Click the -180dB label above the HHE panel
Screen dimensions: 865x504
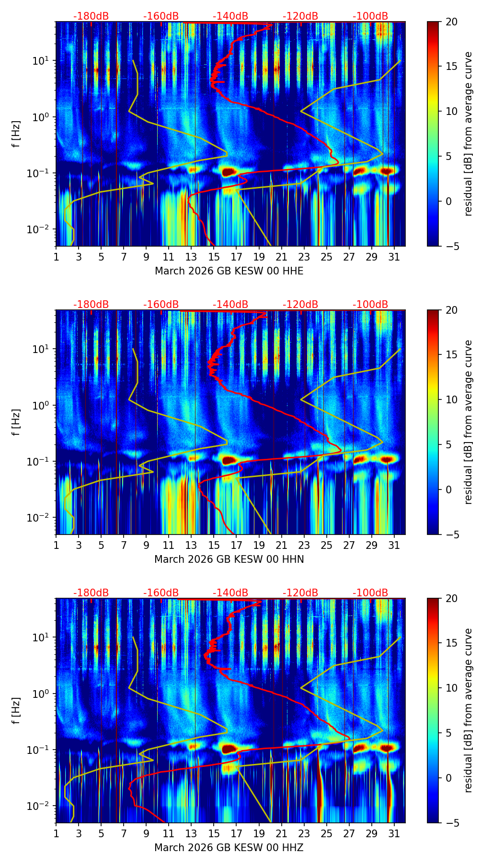91,16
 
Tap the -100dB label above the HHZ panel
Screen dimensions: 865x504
370,593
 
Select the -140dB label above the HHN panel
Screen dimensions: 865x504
230,305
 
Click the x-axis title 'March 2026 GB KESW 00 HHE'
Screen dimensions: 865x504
229,271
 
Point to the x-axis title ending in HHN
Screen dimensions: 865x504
229,559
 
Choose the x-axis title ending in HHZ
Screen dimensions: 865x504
229,848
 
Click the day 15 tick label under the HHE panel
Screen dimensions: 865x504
214,257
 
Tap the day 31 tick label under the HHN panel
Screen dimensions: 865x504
394,545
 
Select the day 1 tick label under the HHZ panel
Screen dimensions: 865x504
56,833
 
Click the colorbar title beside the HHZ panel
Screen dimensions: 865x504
468,710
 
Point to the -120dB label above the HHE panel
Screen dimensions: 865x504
300,16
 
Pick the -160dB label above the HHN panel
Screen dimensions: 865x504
161,305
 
